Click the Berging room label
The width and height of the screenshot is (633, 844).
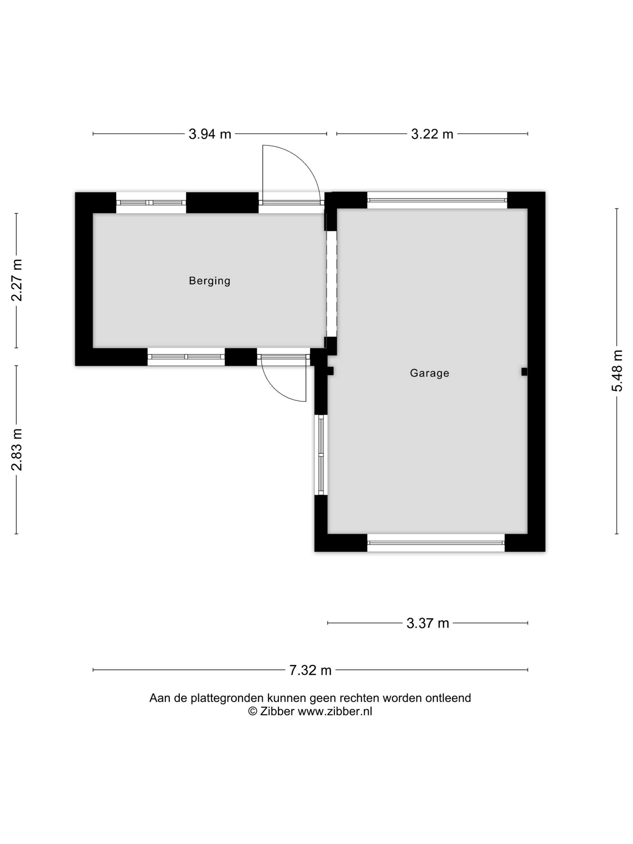(x=209, y=281)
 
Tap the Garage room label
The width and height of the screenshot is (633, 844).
(x=429, y=373)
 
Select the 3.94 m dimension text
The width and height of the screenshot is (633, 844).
(x=210, y=134)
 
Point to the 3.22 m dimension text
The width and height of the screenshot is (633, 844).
(x=432, y=134)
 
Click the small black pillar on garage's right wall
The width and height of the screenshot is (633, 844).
(x=524, y=371)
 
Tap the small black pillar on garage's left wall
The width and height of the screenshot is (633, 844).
(x=330, y=371)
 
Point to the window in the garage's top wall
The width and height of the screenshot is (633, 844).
(x=437, y=200)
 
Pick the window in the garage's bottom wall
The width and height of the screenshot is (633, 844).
(x=436, y=543)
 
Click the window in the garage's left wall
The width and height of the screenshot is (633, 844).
(x=321, y=455)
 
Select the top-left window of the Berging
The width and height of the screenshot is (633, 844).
(x=151, y=203)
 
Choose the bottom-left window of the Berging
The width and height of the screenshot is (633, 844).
(x=186, y=357)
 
